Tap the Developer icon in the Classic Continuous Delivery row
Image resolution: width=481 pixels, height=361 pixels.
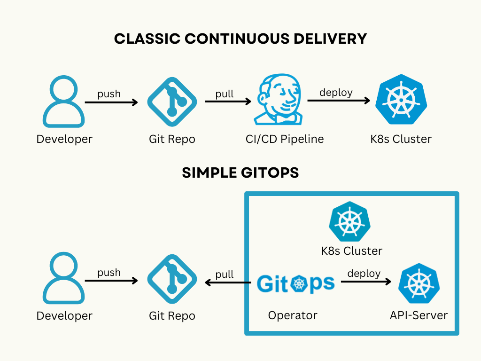[64, 102]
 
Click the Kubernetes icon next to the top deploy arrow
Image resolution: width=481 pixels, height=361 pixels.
[401, 100]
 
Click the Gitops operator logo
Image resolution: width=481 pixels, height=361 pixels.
[296, 284]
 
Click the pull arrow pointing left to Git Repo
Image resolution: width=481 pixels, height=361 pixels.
[227, 283]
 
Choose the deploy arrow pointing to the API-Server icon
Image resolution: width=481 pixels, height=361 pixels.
[366, 282]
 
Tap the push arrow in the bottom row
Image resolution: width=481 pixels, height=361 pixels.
[111, 281]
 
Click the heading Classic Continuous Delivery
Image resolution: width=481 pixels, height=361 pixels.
[240, 39]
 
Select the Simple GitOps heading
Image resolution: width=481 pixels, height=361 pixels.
[240, 173]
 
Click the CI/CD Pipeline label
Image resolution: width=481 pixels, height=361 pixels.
[285, 139]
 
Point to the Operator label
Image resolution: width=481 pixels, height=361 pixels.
[293, 315]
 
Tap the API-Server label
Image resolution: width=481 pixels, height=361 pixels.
[419, 315]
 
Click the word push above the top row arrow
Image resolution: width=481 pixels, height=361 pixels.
[109, 94]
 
